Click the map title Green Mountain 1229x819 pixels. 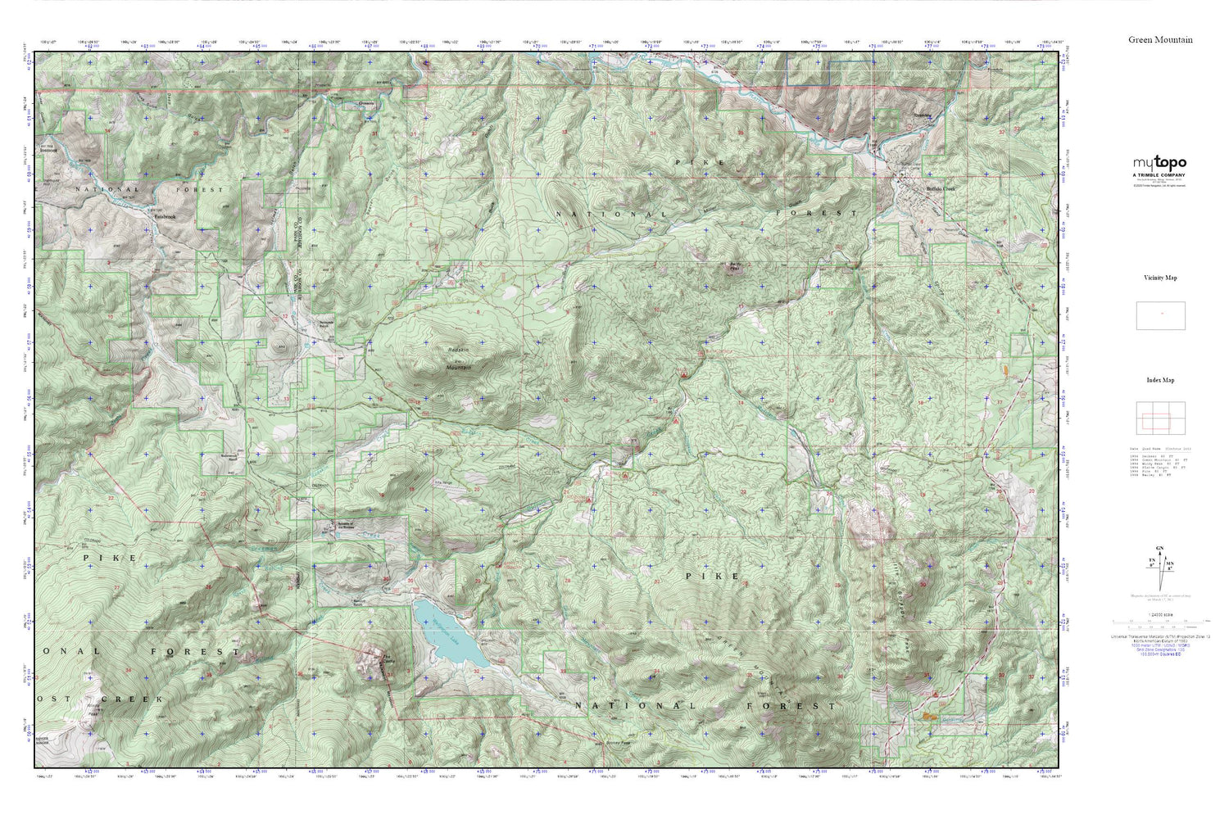(1160, 39)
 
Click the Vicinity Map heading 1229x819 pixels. (1160, 278)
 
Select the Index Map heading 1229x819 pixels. (1160, 380)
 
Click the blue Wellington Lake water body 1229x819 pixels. (448, 634)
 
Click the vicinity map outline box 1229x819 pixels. (1160, 315)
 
